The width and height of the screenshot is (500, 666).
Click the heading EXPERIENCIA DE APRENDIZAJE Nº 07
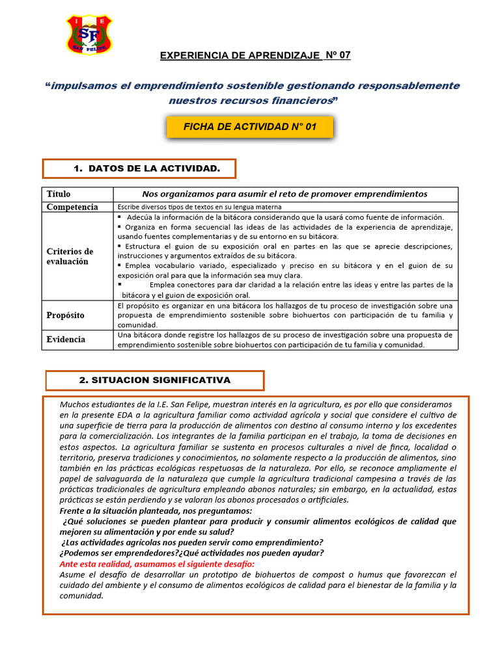point(255,55)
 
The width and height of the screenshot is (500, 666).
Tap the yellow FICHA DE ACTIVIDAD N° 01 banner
point(250,127)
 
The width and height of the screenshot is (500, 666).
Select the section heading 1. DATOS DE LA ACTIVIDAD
point(139,169)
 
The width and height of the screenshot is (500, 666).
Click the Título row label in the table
point(59,194)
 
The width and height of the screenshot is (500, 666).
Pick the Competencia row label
point(72,207)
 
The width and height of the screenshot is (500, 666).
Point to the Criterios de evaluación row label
point(70,256)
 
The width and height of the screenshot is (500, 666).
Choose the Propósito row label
point(66,315)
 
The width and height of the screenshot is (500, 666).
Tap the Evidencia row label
point(66,340)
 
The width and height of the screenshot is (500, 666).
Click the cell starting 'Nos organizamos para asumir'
point(285,194)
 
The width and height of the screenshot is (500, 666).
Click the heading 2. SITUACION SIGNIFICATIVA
point(155,380)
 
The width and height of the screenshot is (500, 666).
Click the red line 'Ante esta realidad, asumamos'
point(157,564)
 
